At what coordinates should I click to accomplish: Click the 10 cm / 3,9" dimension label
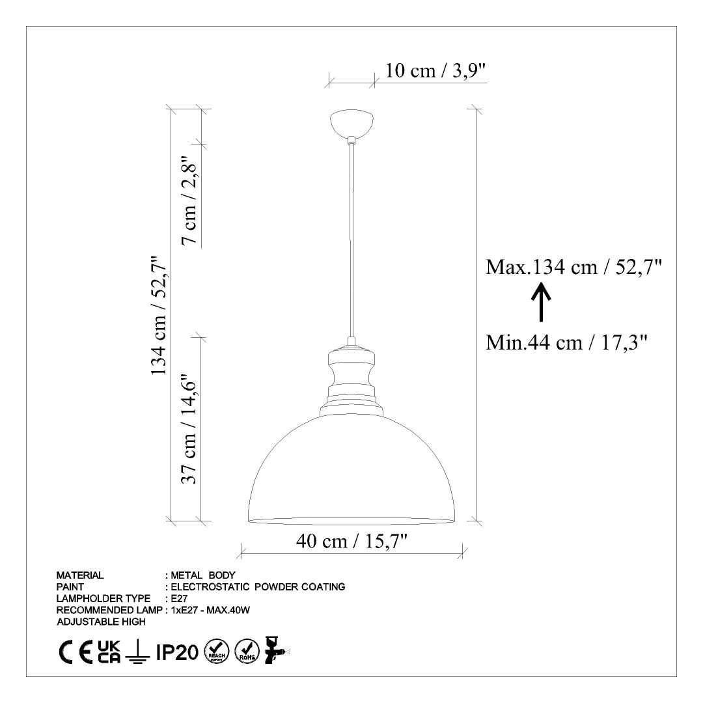click(x=435, y=70)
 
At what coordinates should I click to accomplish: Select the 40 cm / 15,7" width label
click(x=351, y=541)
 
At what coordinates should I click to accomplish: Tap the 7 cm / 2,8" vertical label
click(x=189, y=200)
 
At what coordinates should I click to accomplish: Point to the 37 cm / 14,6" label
click(x=189, y=429)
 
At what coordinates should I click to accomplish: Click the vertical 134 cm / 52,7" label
click(x=159, y=316)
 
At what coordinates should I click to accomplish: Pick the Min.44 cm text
click(x=534, y=343)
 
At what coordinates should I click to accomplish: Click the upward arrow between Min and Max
click(x=541, y=302)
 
